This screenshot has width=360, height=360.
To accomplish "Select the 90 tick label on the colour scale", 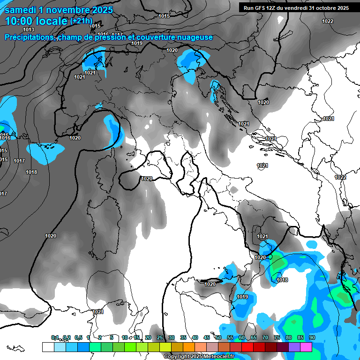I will (312, 337).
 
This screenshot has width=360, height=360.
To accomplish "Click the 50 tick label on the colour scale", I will (218, 337).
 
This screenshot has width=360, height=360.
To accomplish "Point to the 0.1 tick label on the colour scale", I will (55, 337).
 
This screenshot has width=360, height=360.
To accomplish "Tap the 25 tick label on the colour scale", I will (160, 337).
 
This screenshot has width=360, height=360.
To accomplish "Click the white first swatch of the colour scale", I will (48, 347).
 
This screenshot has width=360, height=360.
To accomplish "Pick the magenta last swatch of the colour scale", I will (306, 347).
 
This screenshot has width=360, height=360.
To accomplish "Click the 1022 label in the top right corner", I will (328, 21).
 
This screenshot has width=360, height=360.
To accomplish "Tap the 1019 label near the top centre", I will (137, 44).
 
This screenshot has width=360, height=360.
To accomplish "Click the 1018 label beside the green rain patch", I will (282, 280).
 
